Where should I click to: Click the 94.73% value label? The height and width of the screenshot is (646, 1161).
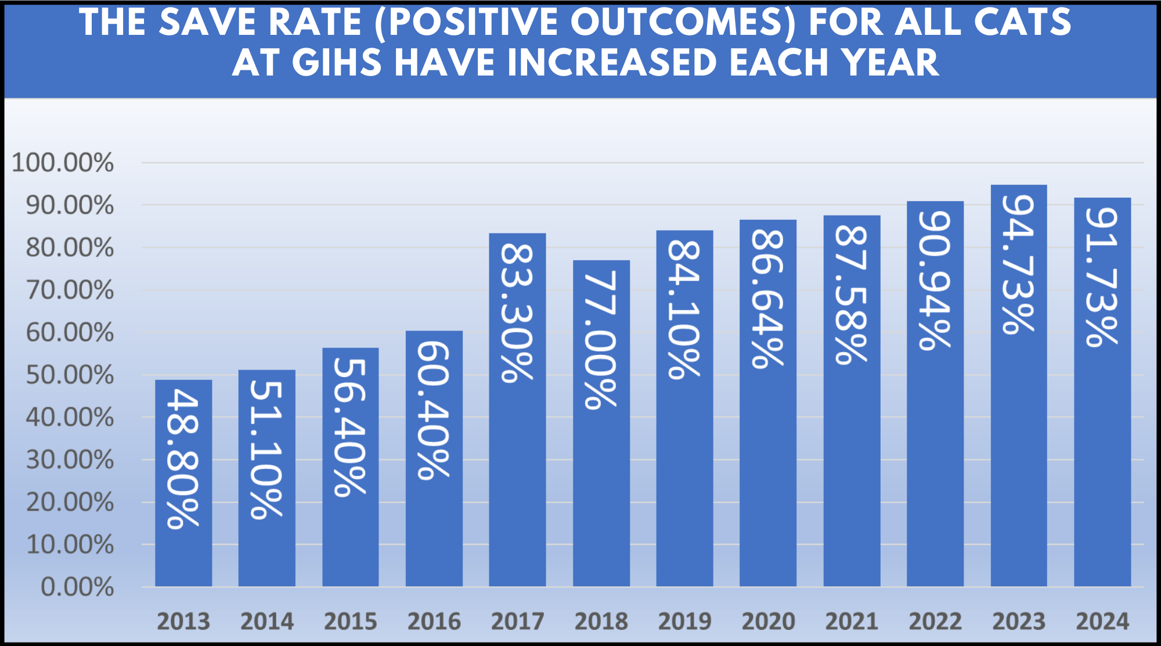[1019, 264]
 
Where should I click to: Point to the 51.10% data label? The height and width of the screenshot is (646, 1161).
[266, 448]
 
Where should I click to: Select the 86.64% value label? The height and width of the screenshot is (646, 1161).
[768, 299]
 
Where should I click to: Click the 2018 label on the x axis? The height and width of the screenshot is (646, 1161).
[601, 622]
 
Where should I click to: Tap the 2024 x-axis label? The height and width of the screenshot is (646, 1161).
[1102, 622]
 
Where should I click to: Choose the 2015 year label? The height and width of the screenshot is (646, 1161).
[350, 622]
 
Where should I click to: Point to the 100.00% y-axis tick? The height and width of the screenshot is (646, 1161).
[63, 163]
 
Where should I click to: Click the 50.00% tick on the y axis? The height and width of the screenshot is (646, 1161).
[70, 375]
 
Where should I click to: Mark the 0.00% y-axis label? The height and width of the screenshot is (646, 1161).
[77, 587]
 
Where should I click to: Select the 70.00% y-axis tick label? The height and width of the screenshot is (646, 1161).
[70, 290]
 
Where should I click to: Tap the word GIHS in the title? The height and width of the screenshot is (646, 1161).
[337, 63]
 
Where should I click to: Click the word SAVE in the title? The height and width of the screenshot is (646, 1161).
[208, 22]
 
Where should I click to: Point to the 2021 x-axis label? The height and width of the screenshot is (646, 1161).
[852, 622]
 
